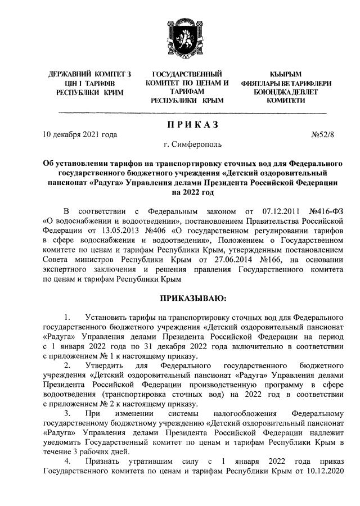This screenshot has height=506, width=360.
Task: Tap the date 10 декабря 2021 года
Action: (x=80, y=135)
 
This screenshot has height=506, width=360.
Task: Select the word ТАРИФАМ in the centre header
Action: (x=187, y=91)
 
